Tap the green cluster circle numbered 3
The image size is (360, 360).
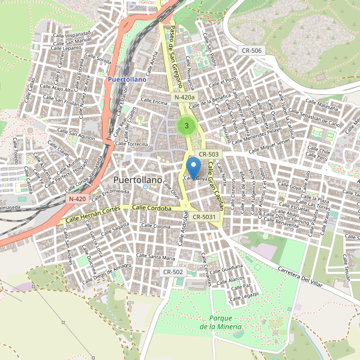click(x=187, y=126)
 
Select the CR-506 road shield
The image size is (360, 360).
click(x=250, y=50)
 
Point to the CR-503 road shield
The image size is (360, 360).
click(x=209, y=154)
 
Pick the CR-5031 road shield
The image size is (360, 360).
click(x=205, y=217)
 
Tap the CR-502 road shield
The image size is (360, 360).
click(x=173, y=272)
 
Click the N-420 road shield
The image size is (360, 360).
click(x=77, y=199)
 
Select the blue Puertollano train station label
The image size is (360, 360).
click(x=126, y=79)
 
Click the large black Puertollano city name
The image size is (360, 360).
click(x=138, y=180)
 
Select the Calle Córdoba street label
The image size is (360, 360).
click(x=152, y=208)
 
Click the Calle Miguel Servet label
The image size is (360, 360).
click(x=272, y=144)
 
